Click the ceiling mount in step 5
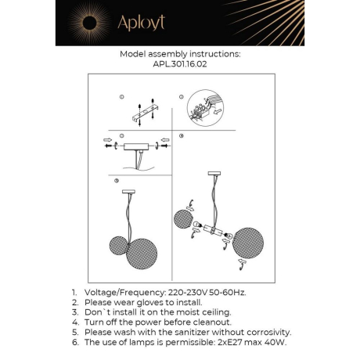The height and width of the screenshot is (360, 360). (x=128, y=191)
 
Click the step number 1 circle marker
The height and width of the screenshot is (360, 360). (x=122, y=96)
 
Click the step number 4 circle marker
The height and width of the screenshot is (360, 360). (x=182, y=136)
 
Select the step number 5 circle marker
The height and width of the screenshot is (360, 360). (x=117, y=181)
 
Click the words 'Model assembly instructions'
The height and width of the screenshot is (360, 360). (x=180, y=55)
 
